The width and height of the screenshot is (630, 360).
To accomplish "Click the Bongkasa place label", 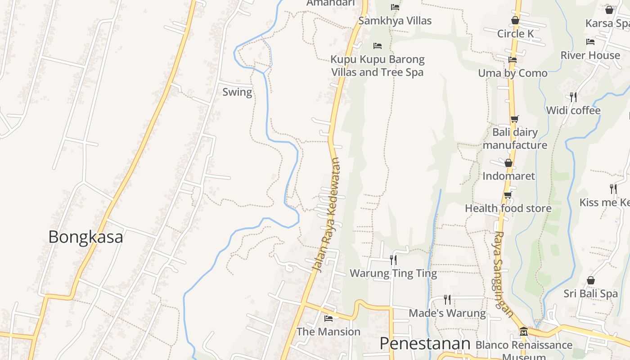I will tap(85, 237).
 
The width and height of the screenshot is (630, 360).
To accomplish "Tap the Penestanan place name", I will tap(425, 343).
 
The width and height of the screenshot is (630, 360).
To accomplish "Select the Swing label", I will tap(237, 92).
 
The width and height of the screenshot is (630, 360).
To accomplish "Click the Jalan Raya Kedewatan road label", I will tap(326, 215).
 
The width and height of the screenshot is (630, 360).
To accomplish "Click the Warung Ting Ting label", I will tap(393, 273).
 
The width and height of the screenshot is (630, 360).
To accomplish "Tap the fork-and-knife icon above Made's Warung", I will tap(447, 299).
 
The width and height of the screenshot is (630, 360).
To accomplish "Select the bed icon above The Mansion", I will tap(328, 318).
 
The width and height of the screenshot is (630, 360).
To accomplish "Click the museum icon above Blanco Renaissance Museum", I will tap(523, 332).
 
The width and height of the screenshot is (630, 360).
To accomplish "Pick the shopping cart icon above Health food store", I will tap(508, 195).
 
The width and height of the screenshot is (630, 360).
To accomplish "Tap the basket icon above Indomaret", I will tap(508, 163).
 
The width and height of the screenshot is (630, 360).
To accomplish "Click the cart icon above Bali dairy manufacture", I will tap(514, 119).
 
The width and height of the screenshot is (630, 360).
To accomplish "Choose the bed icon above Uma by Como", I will tap(512, 59).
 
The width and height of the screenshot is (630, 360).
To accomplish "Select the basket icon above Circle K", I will tap(515, 20).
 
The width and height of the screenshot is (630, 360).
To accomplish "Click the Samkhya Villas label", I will tap(395, 21).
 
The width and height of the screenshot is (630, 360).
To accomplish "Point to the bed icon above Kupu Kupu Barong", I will tap(378, 46).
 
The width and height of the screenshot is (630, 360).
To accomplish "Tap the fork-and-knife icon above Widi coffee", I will tap(573, 97).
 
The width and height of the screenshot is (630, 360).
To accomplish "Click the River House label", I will tap(590, 55).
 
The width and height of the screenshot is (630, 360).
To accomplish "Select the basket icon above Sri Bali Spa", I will tap(591, 281).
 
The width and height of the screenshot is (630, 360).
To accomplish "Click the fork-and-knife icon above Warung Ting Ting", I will tap(393, 260).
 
